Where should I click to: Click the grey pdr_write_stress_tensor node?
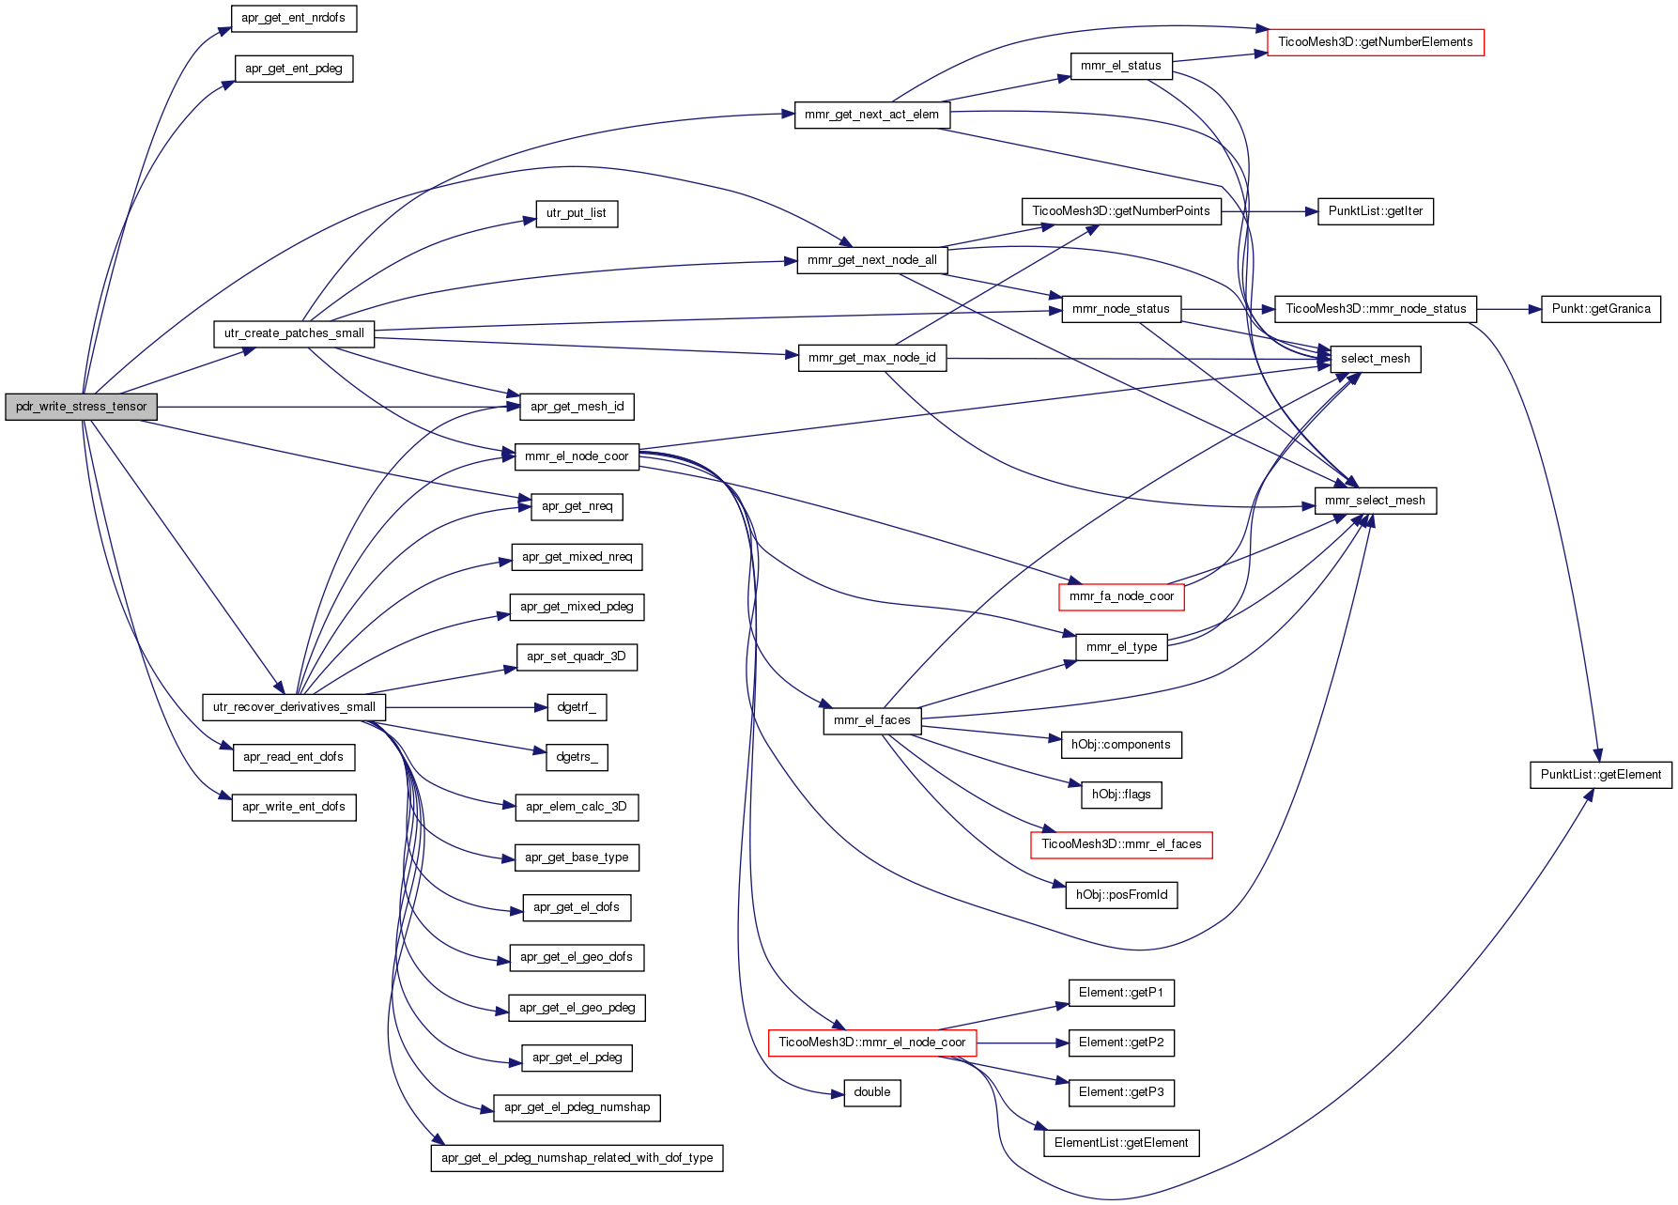tap(81, 407)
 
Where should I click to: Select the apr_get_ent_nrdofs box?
tap(293, 18)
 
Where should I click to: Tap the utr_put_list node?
tap(577, 213)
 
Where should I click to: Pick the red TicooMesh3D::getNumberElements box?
tap(1376, 42)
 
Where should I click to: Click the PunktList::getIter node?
tap(1376, 211)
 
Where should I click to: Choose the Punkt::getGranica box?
tap(1601, 309)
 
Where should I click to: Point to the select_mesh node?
tap(1376, 359)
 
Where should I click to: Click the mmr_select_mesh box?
tap(1376, 501)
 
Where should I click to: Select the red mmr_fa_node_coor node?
tap(1121, 596)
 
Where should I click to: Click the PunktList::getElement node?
tap(1601, 775)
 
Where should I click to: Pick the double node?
tap(872, 1092)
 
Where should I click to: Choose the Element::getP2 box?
tap(1121, 1043)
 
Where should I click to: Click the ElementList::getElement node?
tap(1121, 1143)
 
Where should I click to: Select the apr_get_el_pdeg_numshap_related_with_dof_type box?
tap(577, 1158)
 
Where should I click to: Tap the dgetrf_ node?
tap(577, 707)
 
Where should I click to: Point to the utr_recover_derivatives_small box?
tap(294, 707)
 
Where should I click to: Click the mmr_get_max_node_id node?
tap(872, 358)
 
